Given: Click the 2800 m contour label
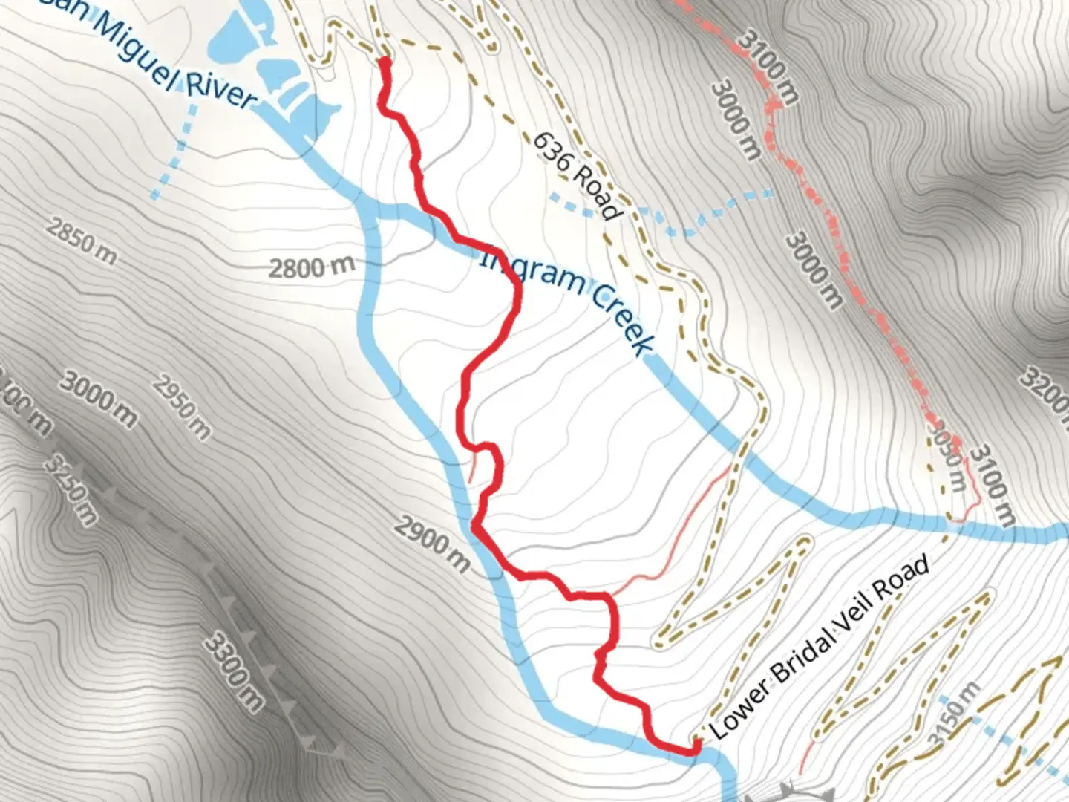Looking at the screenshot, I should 311,267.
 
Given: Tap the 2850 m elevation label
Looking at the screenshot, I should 80,240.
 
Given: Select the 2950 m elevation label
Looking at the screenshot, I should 182,407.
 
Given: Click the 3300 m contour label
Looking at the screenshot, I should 233,671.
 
